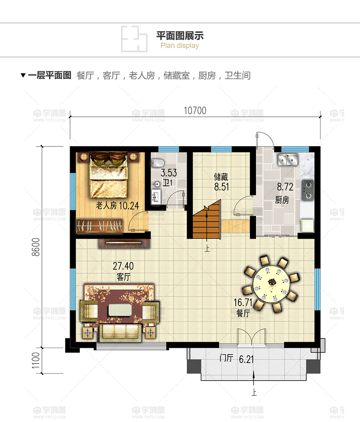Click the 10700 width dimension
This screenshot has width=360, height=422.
point(195,110)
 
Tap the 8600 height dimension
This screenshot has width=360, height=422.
point(36,247)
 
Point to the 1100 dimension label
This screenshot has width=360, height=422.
point(36,361)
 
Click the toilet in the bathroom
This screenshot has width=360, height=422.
point(157,163)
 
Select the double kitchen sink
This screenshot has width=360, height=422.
point(288,159)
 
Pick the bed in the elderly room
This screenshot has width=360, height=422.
point(108,175)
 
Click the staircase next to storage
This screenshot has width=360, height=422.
point(207,219)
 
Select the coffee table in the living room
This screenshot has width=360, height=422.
point(119,310)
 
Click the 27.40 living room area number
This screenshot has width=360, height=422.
point(123,266)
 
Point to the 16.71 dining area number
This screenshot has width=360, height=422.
point(243,302)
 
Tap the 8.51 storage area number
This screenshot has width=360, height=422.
point(222,186)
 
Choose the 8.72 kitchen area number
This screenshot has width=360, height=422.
point(285,186)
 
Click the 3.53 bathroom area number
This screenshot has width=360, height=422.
point(169,173)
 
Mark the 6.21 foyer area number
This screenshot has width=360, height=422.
point(246,359)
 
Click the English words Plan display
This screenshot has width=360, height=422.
point(180,46)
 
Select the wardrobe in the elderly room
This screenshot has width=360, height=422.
point(99,226)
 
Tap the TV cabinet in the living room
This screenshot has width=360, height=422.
point(124,243)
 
